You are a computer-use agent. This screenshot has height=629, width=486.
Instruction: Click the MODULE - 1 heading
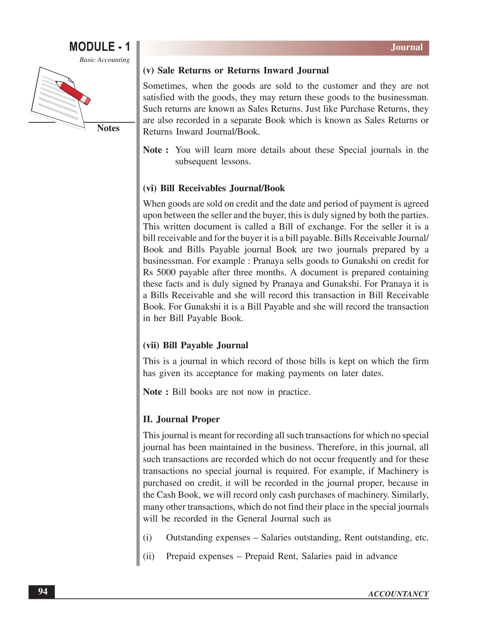tap(100, 47)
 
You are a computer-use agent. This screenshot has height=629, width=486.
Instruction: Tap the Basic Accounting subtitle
tap(104, 60)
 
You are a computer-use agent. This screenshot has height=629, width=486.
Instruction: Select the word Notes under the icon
tap(108, 128)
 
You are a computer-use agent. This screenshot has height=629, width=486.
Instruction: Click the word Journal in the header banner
tap(407, 47)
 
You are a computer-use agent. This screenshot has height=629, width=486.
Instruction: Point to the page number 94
tap(43, 591)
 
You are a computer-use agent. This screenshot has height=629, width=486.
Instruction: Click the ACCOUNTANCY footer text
tap(398, 594)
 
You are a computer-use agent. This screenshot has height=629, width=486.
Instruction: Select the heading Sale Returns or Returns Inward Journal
tap(236, 70)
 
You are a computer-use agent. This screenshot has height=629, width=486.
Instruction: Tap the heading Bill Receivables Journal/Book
tap(214, 188)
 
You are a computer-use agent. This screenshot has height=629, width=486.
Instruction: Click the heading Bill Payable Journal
tap(196, 345)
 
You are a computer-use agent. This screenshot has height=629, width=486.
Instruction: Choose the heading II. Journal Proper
tap(181, 419)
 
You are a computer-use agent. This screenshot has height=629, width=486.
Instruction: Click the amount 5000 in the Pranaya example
tap(166, 272)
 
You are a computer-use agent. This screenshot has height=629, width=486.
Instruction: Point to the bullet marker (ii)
tap(149, 556)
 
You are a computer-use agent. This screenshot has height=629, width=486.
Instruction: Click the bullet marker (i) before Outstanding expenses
tap(147, 538)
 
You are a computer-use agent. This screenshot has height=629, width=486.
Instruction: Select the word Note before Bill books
tap(153, 392)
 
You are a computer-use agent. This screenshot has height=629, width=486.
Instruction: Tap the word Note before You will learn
tap(153, 150)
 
